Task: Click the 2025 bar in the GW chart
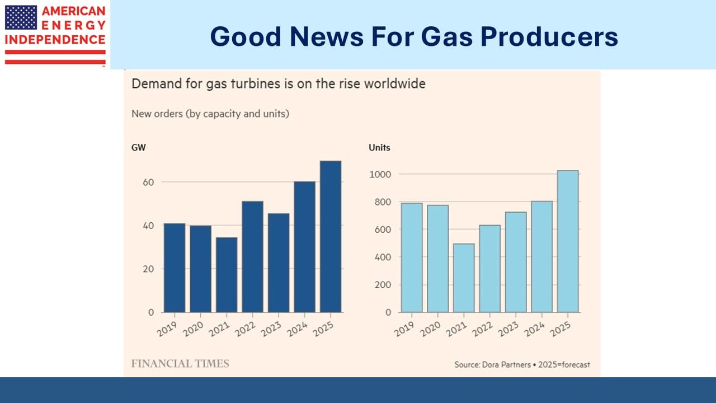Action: coord(330,236)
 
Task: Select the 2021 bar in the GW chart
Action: coord(227,274)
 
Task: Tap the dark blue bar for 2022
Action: coord(252,256)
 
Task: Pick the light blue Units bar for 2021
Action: coord(464,278)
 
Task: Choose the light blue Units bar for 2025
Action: coord(568,241)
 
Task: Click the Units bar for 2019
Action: coord(412,257)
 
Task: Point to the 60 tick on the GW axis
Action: coord(148,182)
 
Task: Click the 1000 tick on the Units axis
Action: coord(380,175)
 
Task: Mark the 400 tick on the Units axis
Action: coord(383,257)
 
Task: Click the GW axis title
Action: coord(138,148)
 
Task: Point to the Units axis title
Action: coord(379,148)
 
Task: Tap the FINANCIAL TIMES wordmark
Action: coord(180,363)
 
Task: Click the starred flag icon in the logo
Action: coord(20,17)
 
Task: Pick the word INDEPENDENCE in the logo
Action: coord(55,40)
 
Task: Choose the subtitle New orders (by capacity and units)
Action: coord(210,114)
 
